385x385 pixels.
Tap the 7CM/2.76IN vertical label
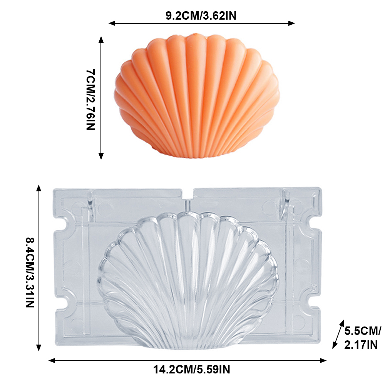[90, 99]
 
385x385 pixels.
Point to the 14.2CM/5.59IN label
[191, 370]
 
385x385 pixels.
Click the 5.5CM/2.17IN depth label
[362, 337]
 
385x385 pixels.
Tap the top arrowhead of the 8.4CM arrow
[39, 188]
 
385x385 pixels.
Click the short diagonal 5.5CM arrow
[337, 334]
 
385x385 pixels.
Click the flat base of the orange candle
[196, 154]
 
